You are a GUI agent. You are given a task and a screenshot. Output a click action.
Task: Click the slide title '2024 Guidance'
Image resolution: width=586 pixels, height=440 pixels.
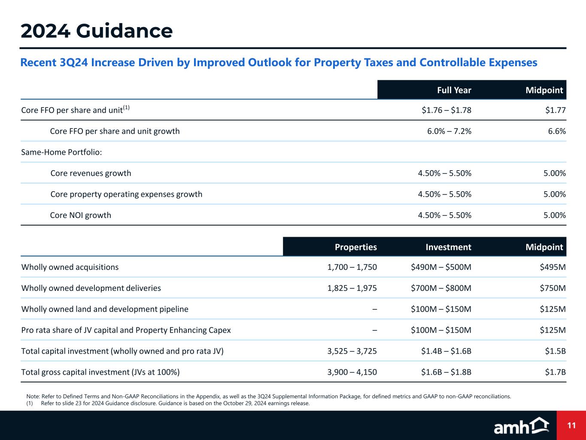97,31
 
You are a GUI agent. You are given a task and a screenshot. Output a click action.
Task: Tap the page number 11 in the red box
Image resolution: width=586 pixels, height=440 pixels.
571,426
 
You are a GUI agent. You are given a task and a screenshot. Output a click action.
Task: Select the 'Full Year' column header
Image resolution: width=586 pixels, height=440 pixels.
454,90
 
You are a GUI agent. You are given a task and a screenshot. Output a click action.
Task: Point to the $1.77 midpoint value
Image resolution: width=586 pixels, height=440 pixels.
555,110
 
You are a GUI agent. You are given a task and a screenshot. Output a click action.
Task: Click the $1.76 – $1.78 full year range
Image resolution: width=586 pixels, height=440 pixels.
446,110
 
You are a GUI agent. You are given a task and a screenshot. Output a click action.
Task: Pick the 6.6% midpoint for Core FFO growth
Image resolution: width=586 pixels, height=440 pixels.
557,131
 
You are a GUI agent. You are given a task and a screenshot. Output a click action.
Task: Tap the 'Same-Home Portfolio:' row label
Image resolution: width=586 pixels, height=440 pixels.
61,153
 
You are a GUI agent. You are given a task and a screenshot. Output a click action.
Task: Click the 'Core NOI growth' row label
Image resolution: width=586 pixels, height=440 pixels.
81,215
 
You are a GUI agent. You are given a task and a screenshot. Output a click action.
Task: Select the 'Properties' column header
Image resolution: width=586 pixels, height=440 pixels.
355,247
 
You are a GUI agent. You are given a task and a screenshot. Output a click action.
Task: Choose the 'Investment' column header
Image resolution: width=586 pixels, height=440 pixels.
448,247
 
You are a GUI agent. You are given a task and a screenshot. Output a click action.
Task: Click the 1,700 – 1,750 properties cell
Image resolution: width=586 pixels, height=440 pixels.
352,267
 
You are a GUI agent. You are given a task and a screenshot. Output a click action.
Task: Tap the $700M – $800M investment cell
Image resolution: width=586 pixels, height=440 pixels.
441,288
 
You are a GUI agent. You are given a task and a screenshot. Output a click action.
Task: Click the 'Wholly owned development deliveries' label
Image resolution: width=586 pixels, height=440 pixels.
91,288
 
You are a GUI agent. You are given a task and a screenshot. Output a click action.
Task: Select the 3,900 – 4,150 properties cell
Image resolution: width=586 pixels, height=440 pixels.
352,372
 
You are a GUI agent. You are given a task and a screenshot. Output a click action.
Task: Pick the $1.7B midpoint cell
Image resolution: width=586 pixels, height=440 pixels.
555,372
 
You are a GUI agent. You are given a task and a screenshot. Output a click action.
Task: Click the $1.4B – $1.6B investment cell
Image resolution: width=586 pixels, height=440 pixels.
446,351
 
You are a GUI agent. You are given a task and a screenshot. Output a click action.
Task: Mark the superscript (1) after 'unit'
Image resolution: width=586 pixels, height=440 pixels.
126,107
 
